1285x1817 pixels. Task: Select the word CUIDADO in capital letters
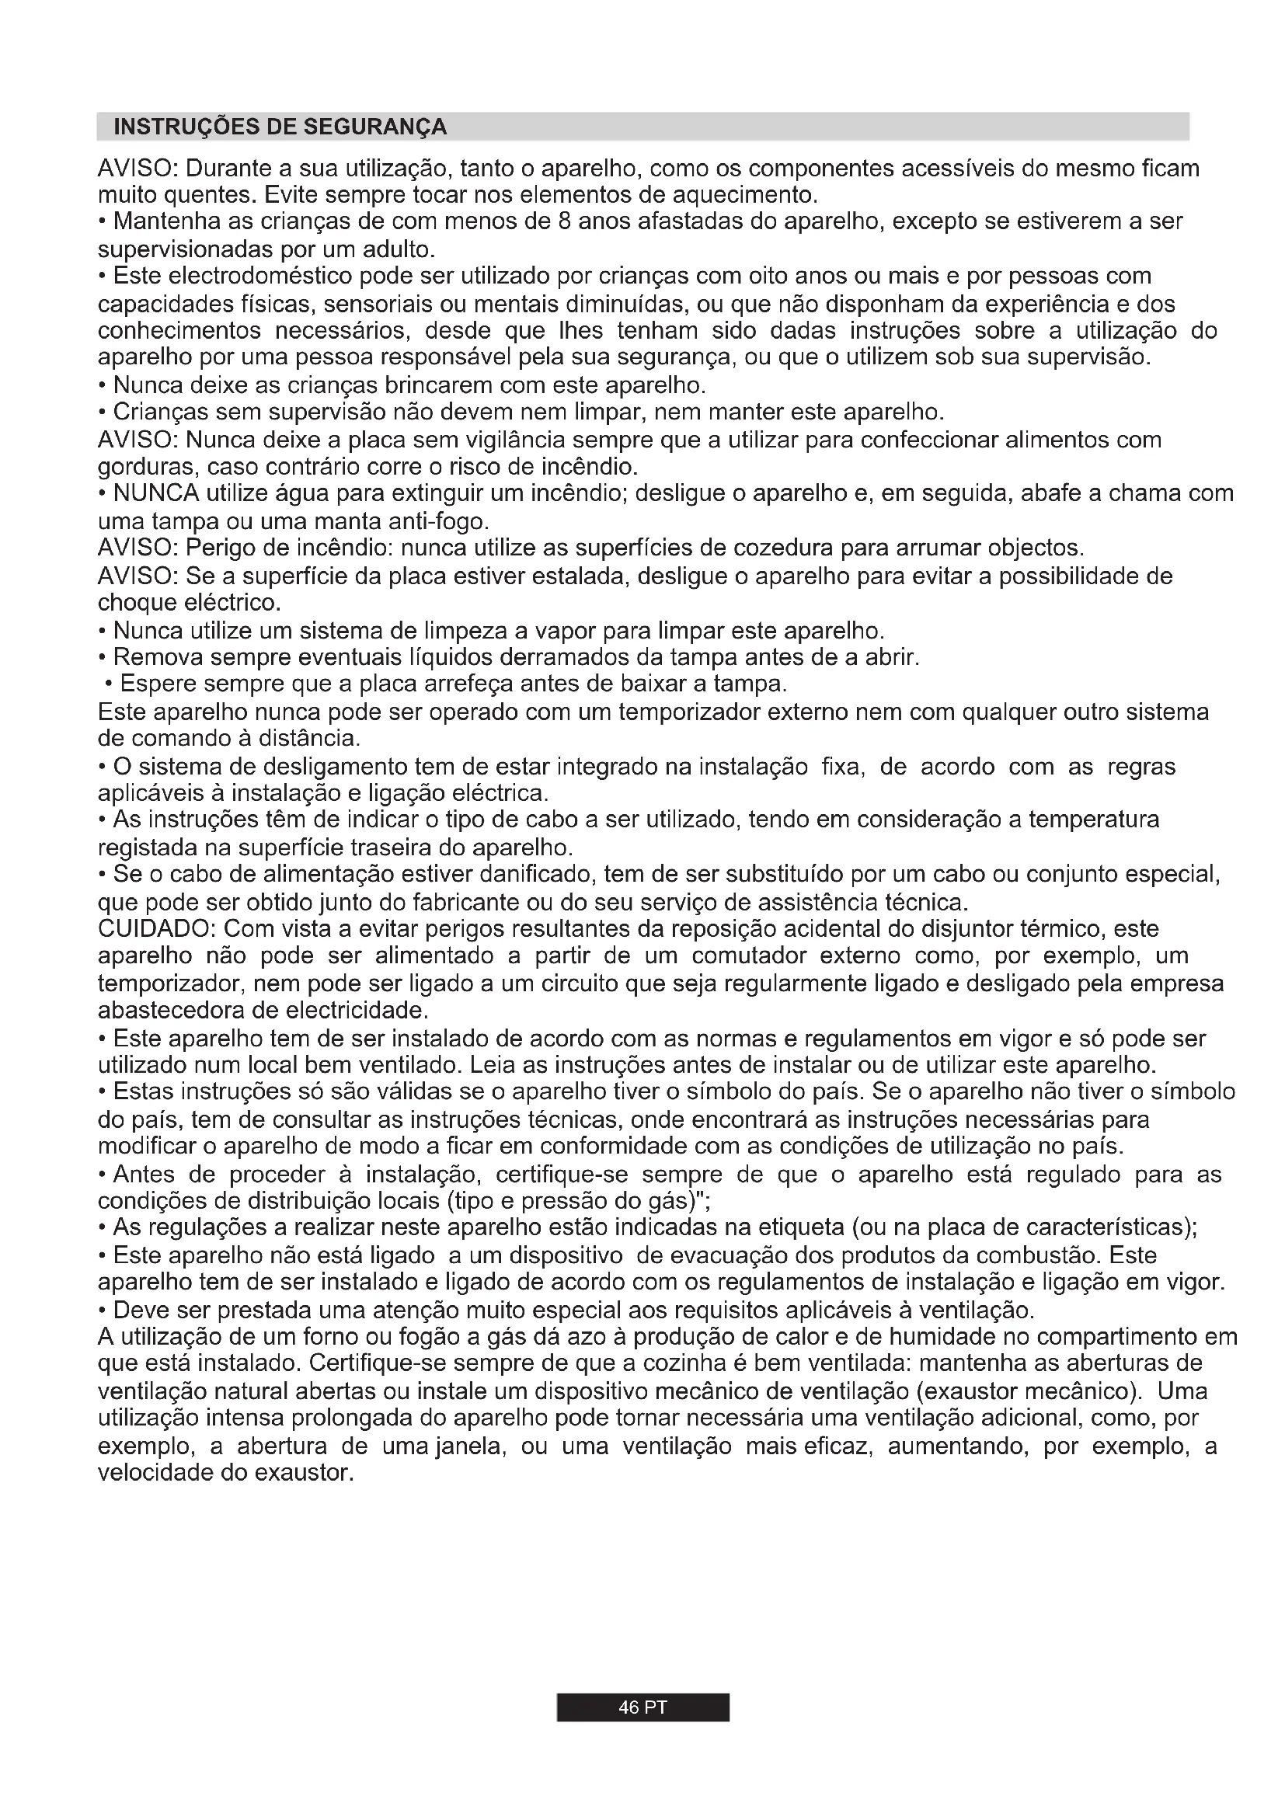154,928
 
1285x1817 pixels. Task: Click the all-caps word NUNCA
156,493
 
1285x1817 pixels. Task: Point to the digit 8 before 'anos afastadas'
564,221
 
